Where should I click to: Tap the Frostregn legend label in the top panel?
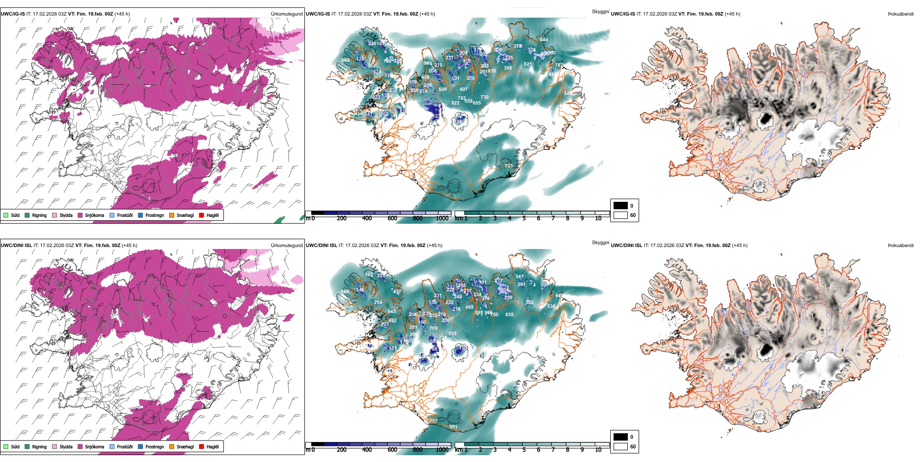tap(155, 215)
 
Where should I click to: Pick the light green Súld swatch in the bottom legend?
tap(6, 446)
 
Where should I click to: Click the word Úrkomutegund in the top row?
tap(287, 14)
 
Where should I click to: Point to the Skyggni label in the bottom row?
tap(600, 243)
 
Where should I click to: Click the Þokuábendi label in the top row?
tap(901, 14)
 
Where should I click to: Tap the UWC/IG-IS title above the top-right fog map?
tap(623, 14)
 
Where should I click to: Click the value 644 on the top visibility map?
tap(544, 40)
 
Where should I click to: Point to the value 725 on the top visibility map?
tap(509, 166)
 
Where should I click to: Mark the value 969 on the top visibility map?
tap(345, 60)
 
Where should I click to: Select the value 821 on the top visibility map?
tap(528, 64)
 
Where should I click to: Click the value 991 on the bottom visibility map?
tap(453, 427)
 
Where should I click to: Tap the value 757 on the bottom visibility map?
tap(433, 421)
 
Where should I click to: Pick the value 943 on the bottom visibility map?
tap(391, 312)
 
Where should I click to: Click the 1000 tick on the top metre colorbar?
tap(442, 218)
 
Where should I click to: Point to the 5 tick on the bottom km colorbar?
tap(524, 450)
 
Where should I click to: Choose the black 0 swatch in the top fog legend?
tap(621, 205)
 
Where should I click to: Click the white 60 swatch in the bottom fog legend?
tap(621, 446)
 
